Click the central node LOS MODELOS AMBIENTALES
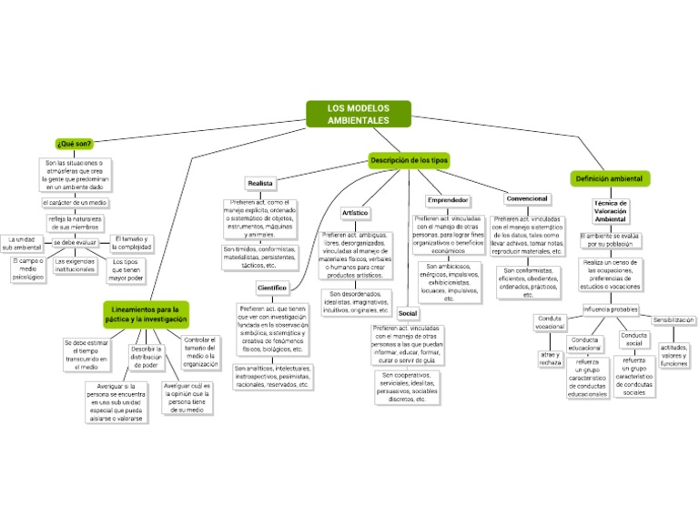[x=358, y=114]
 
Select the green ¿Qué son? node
[x=74, y=144]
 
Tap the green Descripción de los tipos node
[x=409, y=160]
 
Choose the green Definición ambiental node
[x=608, y=178]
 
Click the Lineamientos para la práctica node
[x=146, y=315]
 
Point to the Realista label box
[x=260, y=184]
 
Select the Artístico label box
[x=355, y=213]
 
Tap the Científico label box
[x=272, y=288]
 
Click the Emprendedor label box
[x=448, y=199]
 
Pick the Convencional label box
[x=527, y=198]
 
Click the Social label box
[x=408, y=313]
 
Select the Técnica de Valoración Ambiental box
[x=610, y=211]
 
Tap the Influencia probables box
[x=611, y=309]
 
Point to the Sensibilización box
[x=674, y=320]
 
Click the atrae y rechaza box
[x=550, y=358]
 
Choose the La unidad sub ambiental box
[x=22, y=243]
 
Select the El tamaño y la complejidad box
[x=131, y=242]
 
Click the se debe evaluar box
[x=75, y=243]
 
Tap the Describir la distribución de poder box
[x=147, y=357]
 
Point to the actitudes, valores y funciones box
[x=674, y=355]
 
